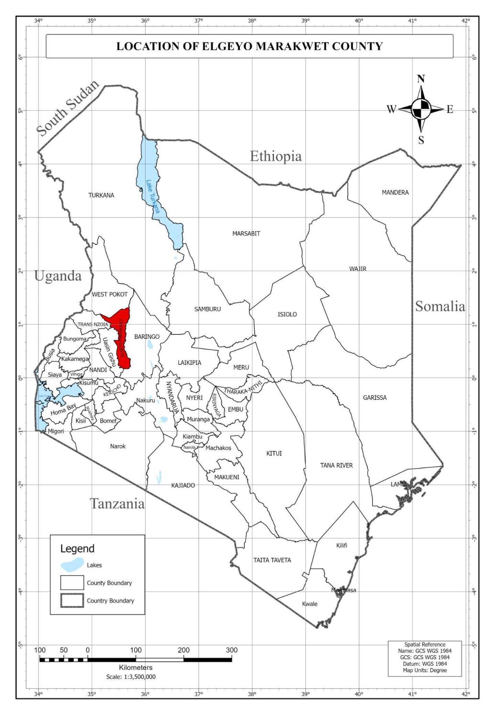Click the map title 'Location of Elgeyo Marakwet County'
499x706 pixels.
pyautogui.click(x=249, y=46)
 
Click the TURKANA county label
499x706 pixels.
pyautogui.click(x=102, y=195)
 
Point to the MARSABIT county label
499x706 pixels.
pyautogui.click(x=246, y=234)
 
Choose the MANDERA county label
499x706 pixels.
pyautogui.click(x=395, y=192)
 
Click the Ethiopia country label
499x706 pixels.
pyautogui.click(x=276, y=157)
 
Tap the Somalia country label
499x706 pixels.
pyautogui.click(x=440, y=306)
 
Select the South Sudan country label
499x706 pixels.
pyautogui.click(x=68, y=108)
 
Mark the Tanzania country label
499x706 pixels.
pyautogui.click(x=117, y=504)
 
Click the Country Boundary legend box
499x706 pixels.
pyautogui.click(x=72, y=601)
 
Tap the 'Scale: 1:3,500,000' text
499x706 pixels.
pyautogui.click(x=131, y=677)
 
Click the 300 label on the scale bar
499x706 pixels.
pyautogui.click(x=231, y=650)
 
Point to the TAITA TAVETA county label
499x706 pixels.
pyautogui.click(x=272, y=560)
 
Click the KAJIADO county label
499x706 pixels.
pyautogui.click(x=183, y=485)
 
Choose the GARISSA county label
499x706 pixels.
pyautogui.click(x=374, y=398)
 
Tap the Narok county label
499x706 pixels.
pyautogui.click(x=118, y=446)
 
